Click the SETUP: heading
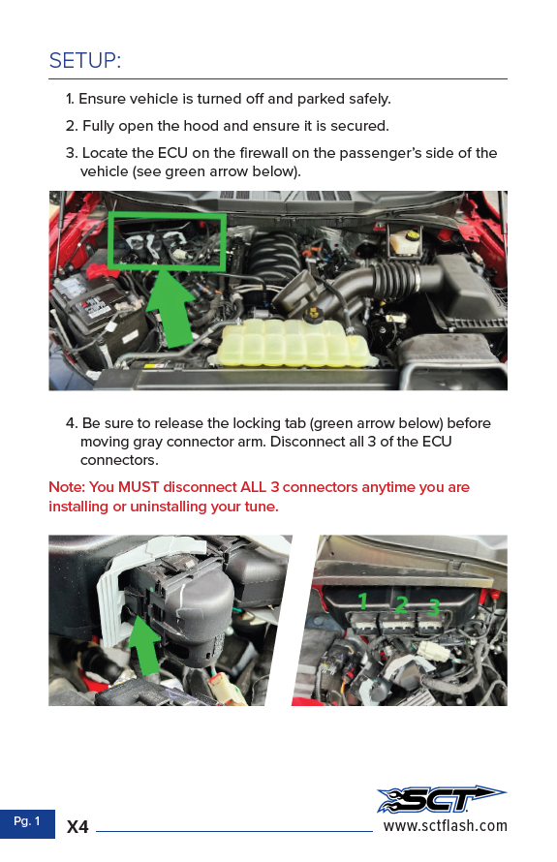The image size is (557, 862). pos(84,60)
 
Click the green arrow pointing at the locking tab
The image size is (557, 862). pos(144,645)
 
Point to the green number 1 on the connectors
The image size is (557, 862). pos(362,600)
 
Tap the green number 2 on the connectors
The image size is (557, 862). pos(401,604)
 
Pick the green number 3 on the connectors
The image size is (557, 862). pos(434,607)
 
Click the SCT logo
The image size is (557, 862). pos(441,799)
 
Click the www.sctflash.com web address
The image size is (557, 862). pos(445,826)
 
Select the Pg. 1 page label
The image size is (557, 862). pos(27,821)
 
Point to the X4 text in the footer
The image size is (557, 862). pos(77,827)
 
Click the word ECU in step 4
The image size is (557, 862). pos(437,442)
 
